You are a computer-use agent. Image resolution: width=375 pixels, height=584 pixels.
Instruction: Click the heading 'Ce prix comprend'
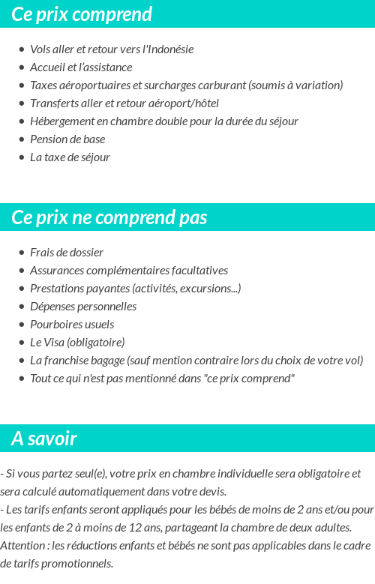(x=82, y=14)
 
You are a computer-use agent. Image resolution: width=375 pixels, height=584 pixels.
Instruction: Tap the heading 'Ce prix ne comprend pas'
(x=109, y=217)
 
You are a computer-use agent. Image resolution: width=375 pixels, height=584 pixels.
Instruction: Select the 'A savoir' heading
(x=44, y=439)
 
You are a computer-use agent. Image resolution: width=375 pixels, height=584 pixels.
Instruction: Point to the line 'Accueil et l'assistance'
(x=81, y=67)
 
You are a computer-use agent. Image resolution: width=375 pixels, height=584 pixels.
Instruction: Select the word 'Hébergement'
(x=60, y=121)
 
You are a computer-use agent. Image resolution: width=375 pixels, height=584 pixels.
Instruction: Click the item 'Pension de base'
(x=67, y=139)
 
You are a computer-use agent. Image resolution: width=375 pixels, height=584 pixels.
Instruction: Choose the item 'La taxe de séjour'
(x=70, y=157)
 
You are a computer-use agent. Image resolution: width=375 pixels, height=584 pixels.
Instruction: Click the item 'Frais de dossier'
(x=67, y=253)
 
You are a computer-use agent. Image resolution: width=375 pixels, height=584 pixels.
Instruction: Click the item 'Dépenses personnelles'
(x=83, y=307)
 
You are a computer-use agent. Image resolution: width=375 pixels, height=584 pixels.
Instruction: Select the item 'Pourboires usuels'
(x=72, y=325)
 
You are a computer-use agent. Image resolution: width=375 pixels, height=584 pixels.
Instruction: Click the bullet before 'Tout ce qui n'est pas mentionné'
(x=22, y=379)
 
